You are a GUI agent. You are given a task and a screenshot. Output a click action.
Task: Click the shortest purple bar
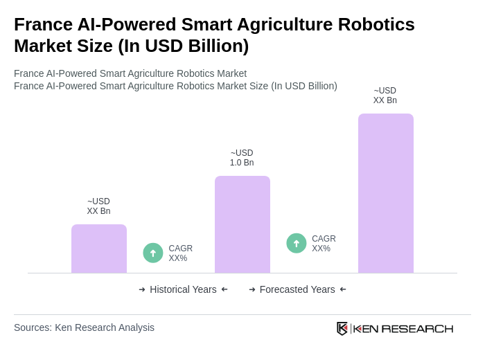tap(99, 249)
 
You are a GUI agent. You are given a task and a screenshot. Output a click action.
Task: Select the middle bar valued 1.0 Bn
tap(242, 224)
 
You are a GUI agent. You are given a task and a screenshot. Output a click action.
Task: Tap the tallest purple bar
tap(385, 193)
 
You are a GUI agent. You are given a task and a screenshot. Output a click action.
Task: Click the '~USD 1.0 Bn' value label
tap(242, 158)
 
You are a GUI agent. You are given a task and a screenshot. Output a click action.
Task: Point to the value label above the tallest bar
tap(385, 96)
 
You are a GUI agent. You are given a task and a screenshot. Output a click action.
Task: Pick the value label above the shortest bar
tap(99, 206)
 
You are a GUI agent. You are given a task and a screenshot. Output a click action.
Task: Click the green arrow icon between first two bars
tap(153, 253)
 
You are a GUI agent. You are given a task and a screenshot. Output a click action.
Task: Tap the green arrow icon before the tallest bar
tap(297, 243)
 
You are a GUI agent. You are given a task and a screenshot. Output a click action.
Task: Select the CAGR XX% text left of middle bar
tap(180, 253)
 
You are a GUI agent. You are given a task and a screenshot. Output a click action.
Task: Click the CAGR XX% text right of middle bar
tap(324, 244)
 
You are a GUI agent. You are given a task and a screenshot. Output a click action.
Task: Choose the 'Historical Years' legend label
tap(183, 289)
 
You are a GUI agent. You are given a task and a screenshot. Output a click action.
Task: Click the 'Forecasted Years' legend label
tap(297, 289)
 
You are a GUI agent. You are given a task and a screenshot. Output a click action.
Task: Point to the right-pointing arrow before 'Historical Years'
tap(142, 289)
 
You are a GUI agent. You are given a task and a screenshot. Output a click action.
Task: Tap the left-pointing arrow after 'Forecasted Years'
tap(343, 289)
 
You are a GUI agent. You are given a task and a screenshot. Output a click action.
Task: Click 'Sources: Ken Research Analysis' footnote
tap(84, 327)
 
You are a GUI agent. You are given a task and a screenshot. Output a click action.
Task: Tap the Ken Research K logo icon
tap(342, 328)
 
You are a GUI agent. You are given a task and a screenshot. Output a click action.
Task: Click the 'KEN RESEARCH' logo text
tap(403, 328)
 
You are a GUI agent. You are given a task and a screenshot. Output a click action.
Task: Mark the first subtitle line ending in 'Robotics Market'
tap(130, 73)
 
